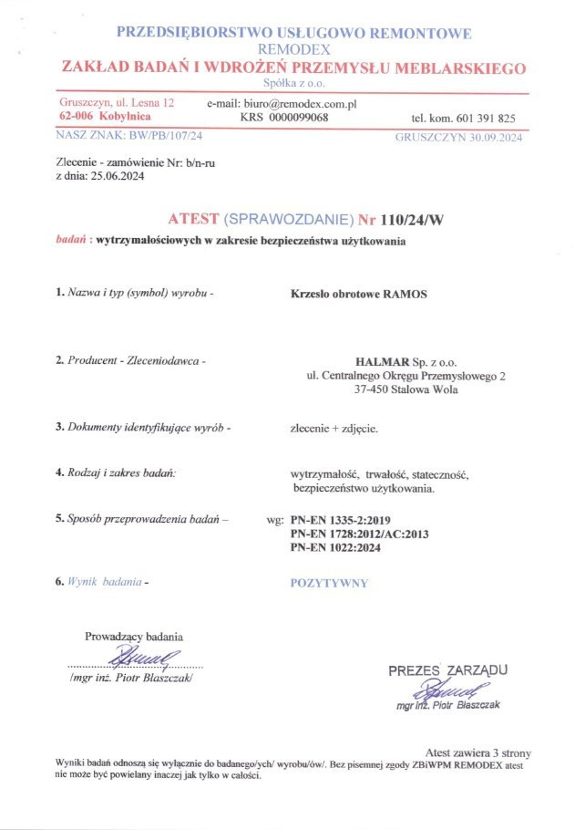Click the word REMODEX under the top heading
293,50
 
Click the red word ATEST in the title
193,220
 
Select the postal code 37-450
372,390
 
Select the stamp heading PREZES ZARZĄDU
448,671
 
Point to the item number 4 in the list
58,472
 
